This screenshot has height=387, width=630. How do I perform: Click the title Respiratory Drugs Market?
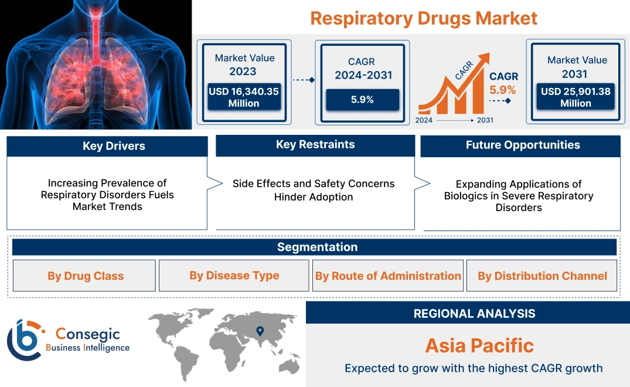click(423, 18)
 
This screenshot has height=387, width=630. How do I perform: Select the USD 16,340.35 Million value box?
click(244, 97)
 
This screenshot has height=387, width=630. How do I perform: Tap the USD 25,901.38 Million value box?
click(575, 97)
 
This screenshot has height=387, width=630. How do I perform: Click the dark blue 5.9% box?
click(362, 100)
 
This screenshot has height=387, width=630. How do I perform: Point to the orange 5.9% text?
click(502, 90)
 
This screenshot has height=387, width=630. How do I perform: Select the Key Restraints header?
click(315, 145)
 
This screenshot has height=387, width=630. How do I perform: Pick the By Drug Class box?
click(86, 276)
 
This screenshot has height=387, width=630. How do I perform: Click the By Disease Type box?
click(234, 276)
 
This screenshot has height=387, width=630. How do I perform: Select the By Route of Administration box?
click(388, 276)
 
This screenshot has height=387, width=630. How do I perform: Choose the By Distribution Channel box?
click(542, 276)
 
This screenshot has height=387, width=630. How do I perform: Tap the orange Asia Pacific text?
click(479, 345)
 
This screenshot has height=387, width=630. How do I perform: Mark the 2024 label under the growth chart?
click(424, 120)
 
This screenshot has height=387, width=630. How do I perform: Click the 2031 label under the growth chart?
click(485, 120)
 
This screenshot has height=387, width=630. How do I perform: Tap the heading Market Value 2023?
click(244, 64)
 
